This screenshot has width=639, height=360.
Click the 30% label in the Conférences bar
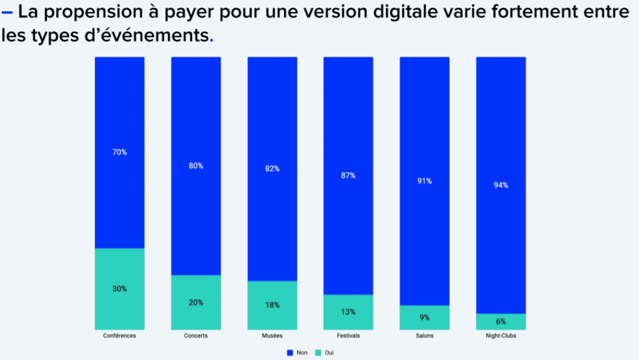point(120,289)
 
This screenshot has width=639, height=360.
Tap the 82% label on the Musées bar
point(272,169)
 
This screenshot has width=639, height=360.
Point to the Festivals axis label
point(348,336)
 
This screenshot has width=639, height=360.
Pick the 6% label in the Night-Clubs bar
point(501,322)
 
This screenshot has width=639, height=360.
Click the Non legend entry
point(298,353)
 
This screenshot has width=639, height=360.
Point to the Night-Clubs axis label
point(501,336)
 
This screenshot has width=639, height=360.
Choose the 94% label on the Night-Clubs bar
point(501,185)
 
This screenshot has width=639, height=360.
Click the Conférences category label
point(120,336)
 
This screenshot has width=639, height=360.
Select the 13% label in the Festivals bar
point(348,312)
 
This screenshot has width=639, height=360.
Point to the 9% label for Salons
point(424,318)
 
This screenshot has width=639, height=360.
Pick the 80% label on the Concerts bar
point(196,166)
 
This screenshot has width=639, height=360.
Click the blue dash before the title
point(7,13)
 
